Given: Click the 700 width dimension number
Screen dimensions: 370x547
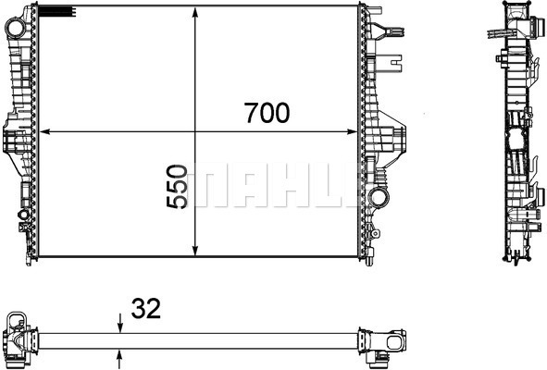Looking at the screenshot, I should click(x=267, y=114).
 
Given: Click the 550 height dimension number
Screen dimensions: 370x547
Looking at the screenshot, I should click(x=179, y=189).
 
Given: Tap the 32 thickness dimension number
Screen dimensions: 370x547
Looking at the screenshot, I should click(x=146, y=309).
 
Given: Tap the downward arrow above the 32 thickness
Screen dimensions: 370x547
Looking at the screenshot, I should click(x=120, y=324).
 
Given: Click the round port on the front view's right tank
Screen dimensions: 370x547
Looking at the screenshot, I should click(x=376, y=197).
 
